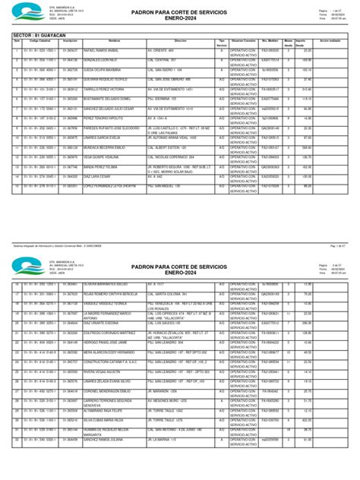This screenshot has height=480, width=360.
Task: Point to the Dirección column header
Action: pos(179,42)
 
